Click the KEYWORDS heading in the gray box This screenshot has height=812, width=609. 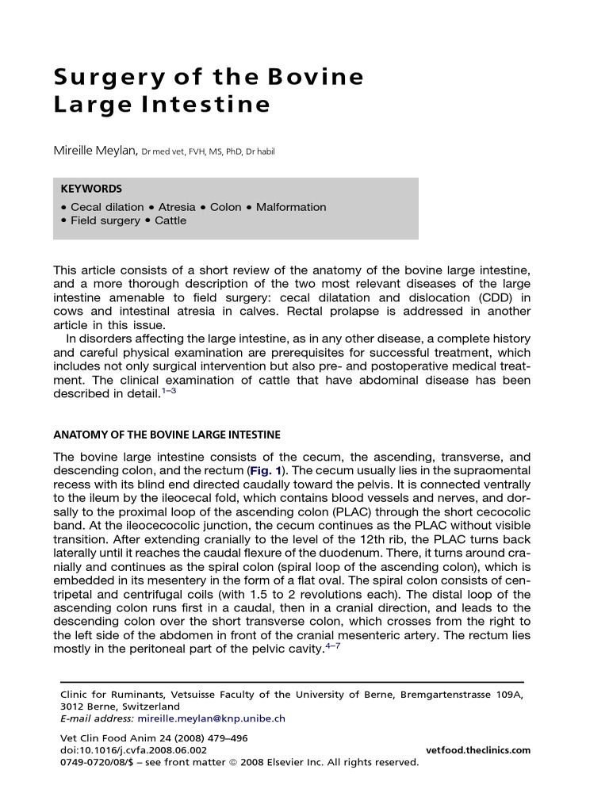pyautogui.click(x=91, y=189)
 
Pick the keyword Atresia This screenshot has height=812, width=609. pyautogui.click(x=177, y=207)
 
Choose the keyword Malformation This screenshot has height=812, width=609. pyautogui.click(x=291, y=207)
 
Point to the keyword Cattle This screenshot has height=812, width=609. pyautogui.click(x=170, y=220)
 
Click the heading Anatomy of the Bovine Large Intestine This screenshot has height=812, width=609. pyautogui.click(x=167, y=435)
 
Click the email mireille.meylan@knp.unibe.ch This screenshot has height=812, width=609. pyautogui.click(x=212, y=718)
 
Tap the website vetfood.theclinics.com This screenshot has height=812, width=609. pyautogui.click(x=478, y=750)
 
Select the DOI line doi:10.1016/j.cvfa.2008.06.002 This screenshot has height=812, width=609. pyautogui.click(x=134, y=750)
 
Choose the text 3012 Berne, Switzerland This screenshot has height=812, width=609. pyautogui.click(x=120, y=707)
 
